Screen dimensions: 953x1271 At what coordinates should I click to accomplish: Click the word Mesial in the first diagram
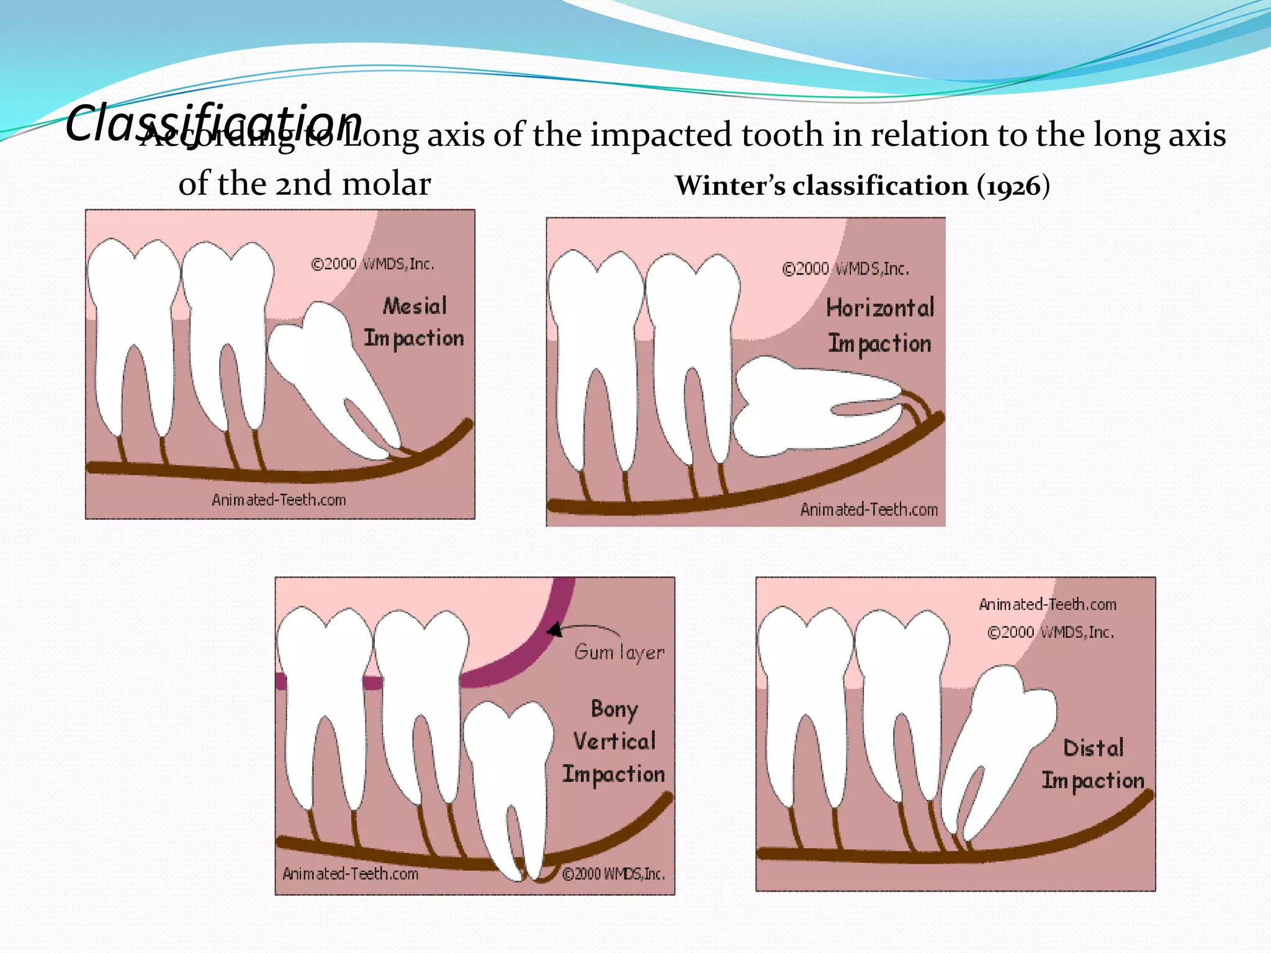point(415,306)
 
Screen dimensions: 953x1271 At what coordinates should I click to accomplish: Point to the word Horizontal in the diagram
point(880,308)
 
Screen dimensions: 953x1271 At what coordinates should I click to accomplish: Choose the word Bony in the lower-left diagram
point(614,709)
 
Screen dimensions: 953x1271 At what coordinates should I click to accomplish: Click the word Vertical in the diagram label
point(614,741)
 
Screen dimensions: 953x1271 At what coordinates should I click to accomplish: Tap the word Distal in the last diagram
point(1094,748)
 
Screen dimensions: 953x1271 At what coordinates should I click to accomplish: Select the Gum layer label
point(619,652)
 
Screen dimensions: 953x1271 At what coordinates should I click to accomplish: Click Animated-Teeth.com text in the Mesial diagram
point(279,500)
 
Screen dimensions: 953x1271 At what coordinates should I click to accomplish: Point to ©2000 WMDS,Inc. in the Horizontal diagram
point(845,269)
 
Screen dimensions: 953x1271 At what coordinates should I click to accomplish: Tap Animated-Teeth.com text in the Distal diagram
point(1048,604)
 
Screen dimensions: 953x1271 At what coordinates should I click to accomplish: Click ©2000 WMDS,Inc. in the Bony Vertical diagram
point(613,874)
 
